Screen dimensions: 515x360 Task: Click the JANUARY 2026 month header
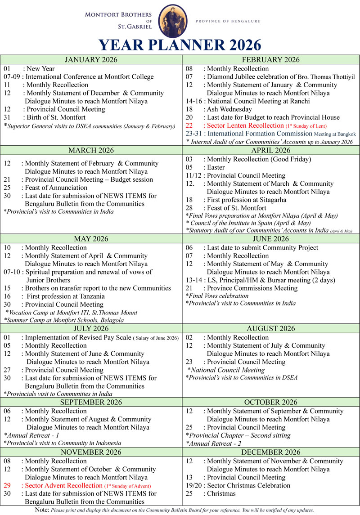[x=91, y=60]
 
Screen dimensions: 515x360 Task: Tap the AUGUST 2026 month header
[x=270, y=329]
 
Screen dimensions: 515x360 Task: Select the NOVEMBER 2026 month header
[x=91, y=452]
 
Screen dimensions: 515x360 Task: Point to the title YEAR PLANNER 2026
[x=180, y=45]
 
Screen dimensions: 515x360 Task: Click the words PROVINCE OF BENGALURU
[x=230, y=21]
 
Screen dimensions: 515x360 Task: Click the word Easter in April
[x=216, y=167]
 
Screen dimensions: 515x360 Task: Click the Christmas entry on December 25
[x=221, y=493]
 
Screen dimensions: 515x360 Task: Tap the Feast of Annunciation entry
[x=56, y=188]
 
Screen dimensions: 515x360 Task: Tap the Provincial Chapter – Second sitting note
[x=238, y=435]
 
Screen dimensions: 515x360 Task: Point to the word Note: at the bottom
[x=42, y=510]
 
